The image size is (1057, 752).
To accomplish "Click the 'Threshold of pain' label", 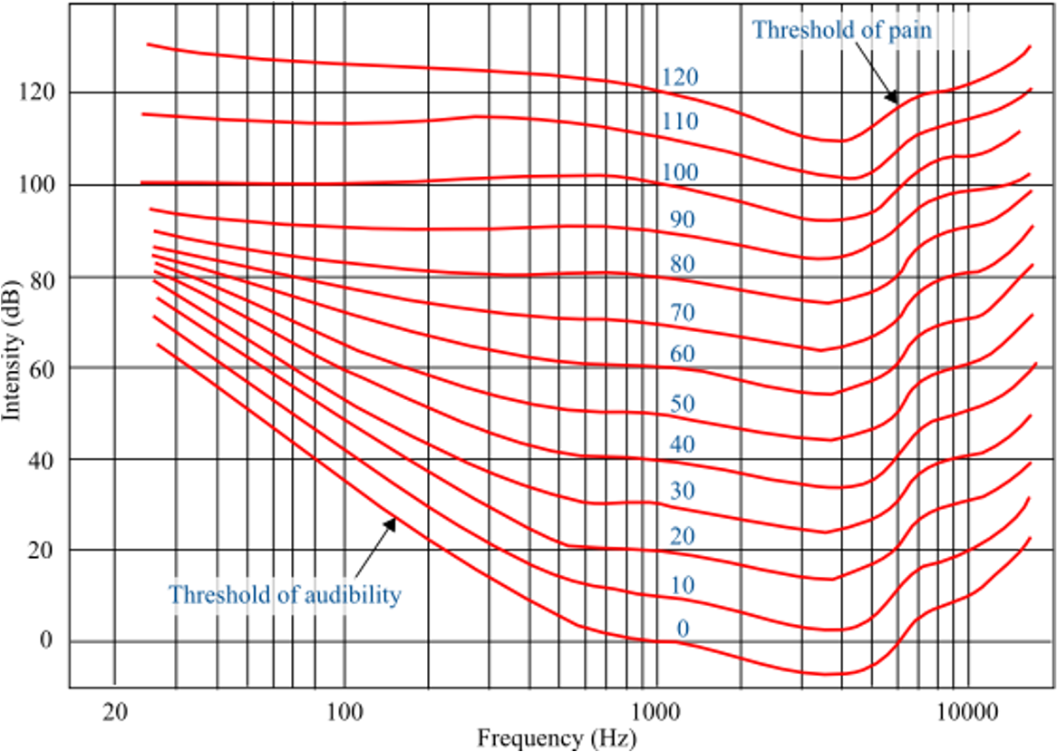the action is (842, 30).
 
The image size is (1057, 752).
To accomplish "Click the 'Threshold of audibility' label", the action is (285, 594).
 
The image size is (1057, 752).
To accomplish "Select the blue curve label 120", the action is (680, 78).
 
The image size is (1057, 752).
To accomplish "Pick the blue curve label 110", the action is (680, 122).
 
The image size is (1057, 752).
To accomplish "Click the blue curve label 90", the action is (683, 220).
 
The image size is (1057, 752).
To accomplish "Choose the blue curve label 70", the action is (683, 313).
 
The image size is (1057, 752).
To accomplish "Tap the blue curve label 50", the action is (683, 404).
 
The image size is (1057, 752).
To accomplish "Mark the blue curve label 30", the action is (683, 491).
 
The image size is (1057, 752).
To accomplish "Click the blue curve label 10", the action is (683, 585).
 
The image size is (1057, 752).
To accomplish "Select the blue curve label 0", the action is (683, 629).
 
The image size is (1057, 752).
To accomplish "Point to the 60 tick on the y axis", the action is (41, 368).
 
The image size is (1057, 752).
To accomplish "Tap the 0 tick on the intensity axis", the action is (46, 640).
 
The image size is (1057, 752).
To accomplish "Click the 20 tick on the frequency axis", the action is (115, 711).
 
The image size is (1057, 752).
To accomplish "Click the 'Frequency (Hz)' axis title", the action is (557, 738).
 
